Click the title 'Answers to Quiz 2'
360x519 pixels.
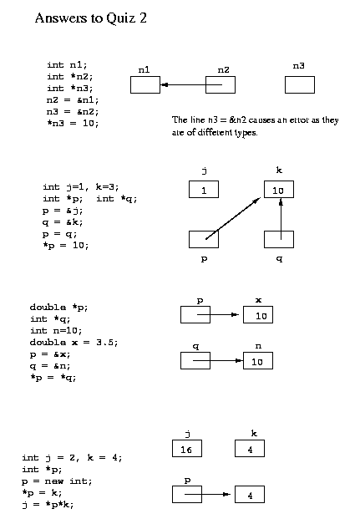tap(90, 18)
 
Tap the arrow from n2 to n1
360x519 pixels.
tap(191, 84)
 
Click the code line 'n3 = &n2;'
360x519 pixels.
tap(73, 111)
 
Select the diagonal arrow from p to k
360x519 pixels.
tap(233, 218)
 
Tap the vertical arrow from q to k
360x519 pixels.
tap(281, 218)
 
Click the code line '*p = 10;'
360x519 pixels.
tap(65, 246)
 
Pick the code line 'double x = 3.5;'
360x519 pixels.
tap(74, 343)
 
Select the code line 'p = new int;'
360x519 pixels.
tap(57, 481)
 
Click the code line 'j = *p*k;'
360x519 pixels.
tap(48, 505)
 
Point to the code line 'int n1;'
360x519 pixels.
tap(67, 64)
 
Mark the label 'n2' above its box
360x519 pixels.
tap(223, 70)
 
